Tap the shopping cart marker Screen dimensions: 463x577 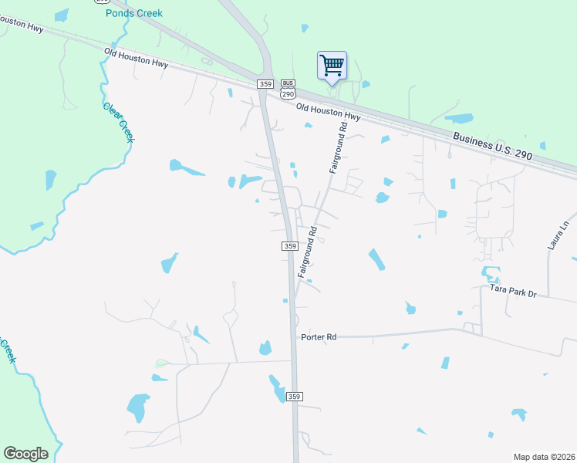tap(332, 65)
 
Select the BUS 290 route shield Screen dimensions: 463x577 tap(288, 89)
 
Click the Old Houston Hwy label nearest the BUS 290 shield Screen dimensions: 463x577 tap(329, 110)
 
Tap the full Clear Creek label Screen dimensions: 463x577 tap(118, 120)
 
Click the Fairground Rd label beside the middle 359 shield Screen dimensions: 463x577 tap(307, 252)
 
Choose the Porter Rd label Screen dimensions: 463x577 tap(319, 337)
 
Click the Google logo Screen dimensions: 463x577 tap(25, 454)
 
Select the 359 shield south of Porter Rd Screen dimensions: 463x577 tap(294, 396)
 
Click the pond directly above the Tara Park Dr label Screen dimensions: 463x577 tap(490, 272)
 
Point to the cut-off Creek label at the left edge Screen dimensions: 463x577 tap(7, 352)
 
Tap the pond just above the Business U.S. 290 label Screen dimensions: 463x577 tap(459, 119)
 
